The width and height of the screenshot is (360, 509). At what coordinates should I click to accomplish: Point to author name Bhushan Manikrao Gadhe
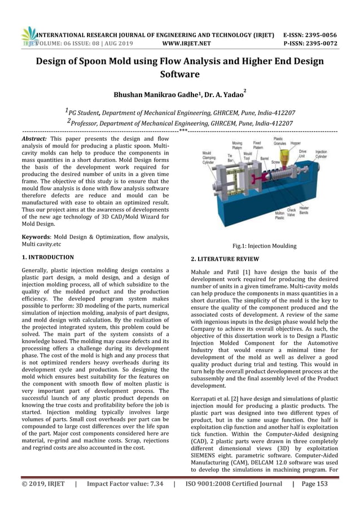click(151, 95)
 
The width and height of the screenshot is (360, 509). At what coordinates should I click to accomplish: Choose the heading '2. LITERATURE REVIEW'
click(225, 259)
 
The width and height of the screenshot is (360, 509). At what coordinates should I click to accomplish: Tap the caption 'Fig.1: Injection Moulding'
click(265, 246)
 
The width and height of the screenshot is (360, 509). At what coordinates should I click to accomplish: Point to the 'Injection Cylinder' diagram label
click(321, 154)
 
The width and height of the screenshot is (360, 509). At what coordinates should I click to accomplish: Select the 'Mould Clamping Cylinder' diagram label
click(212, 157)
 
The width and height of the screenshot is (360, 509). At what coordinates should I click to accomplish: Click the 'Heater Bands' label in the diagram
click(320, 210)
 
